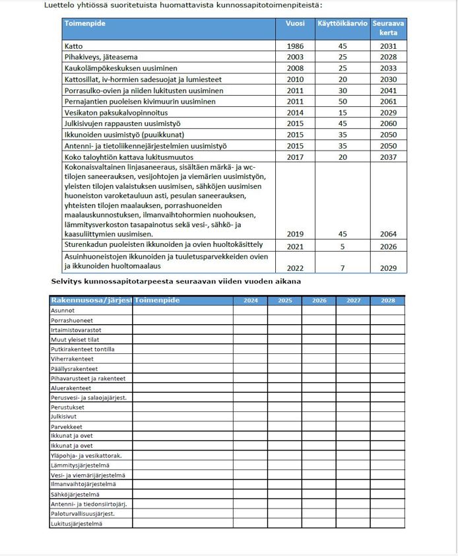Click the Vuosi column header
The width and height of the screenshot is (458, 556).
pyautogui.click(x=295, y=23)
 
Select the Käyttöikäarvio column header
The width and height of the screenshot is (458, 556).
pyautogui.click(x=342, y=23)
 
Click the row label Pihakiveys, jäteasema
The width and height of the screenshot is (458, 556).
pyautogui.click(x=107, y=57)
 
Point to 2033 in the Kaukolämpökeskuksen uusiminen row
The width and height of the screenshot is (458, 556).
pyautogui.click(x=388, y=68)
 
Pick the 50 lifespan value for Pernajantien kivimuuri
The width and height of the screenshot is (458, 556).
pyautogui.click(x=342, y=102)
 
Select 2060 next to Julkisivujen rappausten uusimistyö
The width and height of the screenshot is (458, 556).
pyautogui.click(x=388, y=123)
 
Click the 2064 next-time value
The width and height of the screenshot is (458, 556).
pyautogui.click(x=388, y=234)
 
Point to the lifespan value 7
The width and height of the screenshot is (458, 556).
pyautogui.click(x=342, y=267)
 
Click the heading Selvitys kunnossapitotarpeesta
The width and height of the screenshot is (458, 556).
pyautogui.click(x=176, y=281)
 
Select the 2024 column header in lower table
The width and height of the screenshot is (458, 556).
pyautogui.click(x=250, y=300)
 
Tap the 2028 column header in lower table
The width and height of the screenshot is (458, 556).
pyautogui.click(x=387, y=300)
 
